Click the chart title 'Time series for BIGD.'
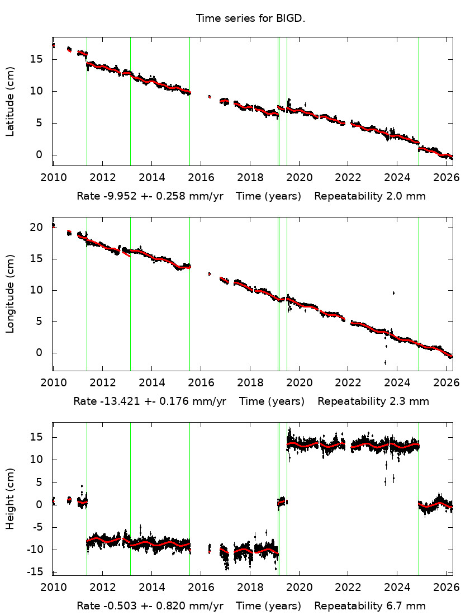(250, 18)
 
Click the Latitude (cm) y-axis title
(10, 101)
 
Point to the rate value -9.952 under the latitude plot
(113, 196)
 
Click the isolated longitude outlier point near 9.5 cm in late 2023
(393, 293)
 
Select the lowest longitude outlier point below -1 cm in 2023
(385, 362)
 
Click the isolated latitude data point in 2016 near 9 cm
(210, 97)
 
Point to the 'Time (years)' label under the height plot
(268, 606)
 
